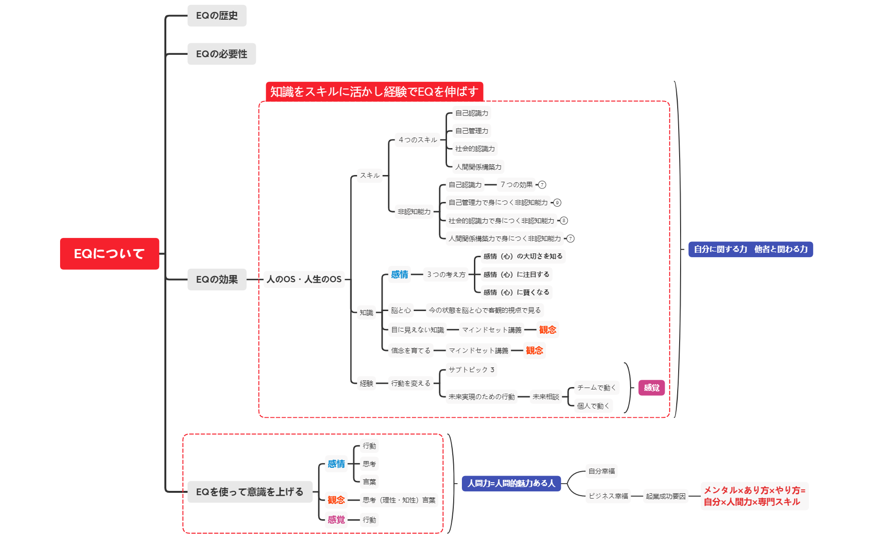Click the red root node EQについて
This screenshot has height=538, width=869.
click(109, 253)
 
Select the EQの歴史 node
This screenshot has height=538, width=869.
click(217, 16)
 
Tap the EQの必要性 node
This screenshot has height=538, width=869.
click(222, 54)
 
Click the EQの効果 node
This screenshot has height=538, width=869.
click(217, 279)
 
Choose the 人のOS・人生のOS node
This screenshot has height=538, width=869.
click(304, 279)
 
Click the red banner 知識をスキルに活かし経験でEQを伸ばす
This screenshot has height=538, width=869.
click(374, 91)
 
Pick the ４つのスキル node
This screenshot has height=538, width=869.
click(418, 140)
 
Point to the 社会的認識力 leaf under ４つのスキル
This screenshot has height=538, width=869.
click(475, 149)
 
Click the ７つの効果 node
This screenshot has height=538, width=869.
click(517, 185)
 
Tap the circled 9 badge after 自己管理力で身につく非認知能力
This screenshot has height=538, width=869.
click(557, 203)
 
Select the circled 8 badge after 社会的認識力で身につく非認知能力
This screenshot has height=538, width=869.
click(564, 221)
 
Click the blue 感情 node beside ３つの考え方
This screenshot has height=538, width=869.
click(399, 275)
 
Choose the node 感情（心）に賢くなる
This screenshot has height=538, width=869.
click(516, 292)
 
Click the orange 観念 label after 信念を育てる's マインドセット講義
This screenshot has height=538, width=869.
click(534, 350)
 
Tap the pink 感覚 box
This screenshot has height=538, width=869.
click(651, 388)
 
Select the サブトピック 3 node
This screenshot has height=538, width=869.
click(471, 370)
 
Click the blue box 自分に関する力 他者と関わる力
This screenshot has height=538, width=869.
click(750, 249)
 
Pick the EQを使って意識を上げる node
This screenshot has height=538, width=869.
click(249, 492)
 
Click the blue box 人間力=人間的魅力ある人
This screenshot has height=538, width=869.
click(511, 483)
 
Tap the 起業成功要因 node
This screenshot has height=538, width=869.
click(665, 496)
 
